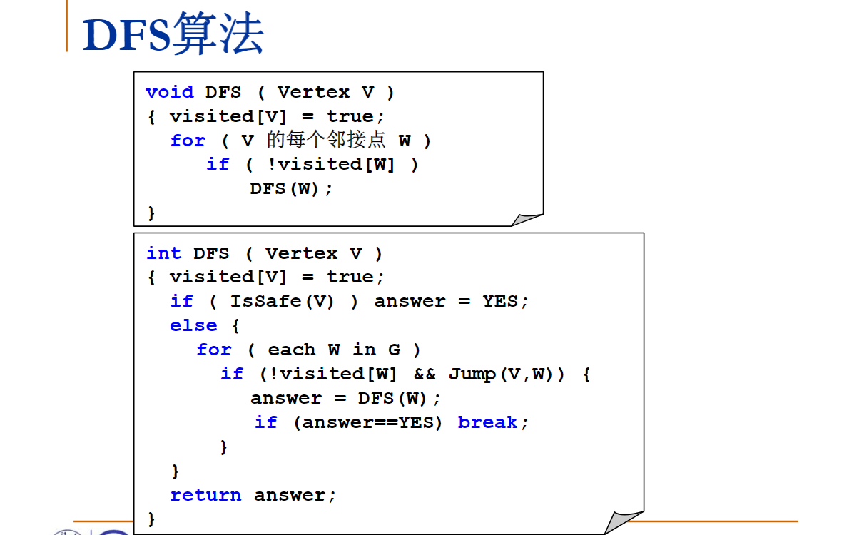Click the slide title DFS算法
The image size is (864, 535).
click(x=173, y=34)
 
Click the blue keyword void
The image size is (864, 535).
click(x=169, y=92)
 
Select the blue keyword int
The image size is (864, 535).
click(x=163, y=253)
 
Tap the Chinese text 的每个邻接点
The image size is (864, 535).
click(x=326, y=140)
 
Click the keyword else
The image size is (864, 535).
click(x=193, y=325)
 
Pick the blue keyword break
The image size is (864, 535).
click(x=487, y=422)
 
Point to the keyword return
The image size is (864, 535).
click(x=205, y=495)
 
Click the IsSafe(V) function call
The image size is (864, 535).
click(x=282, y=301)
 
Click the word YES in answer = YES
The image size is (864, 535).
click(x=499, y=301)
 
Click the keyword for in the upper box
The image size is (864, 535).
click(x=188, y=141)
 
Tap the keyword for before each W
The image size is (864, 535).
click(x=214, y=350)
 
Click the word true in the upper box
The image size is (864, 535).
click(x=350, y=116)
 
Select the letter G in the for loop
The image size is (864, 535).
click(x=394, y=350)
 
